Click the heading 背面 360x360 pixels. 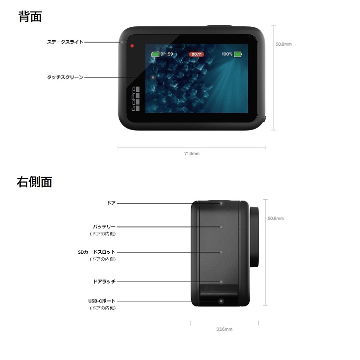(30, 17)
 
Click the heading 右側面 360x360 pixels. (34, 182)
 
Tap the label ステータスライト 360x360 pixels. (65, 42)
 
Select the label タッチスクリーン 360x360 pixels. (65, 77)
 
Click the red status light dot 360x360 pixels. (132, 46)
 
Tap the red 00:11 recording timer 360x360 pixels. (197, 54)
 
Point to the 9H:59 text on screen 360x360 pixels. (167, 54)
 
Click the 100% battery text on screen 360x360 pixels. (227, 54)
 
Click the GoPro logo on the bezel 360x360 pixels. (136, 99)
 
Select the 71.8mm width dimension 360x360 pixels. (192, 153)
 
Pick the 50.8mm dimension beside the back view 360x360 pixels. (284, 44)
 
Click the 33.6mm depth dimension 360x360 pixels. (224, 329)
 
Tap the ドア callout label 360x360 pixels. (111, 203)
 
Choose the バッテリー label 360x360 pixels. (104, 227)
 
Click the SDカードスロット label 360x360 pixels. (97, 252)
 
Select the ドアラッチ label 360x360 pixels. (104, 282)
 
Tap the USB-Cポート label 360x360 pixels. (102, 301)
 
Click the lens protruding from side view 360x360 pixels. (254, 237)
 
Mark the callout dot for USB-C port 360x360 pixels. (221, 301)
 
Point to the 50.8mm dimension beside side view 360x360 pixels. (276, 218)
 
